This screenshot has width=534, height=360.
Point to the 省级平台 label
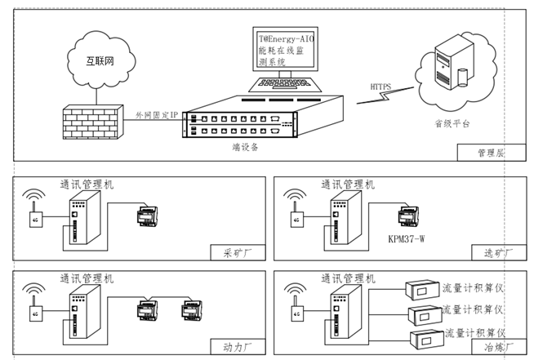point(452,124)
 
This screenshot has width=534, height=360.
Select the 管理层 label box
point(491,153)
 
